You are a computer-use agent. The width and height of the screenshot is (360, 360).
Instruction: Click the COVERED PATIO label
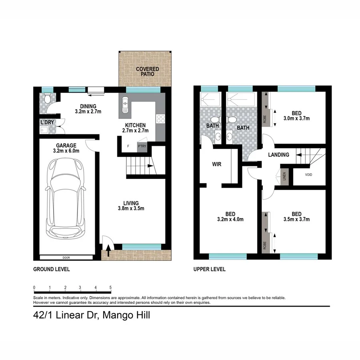[x=147, y=72]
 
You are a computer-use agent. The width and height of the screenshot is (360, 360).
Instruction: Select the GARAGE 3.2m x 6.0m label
[x=66, y=148]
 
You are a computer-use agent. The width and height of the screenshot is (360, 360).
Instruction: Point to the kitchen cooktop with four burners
[x=161, y=119]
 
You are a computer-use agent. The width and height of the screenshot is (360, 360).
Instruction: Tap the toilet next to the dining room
[x=47, y=98]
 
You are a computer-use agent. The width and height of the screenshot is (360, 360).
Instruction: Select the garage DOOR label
[x=66, y=257]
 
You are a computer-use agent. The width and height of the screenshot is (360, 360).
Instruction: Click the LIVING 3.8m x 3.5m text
[x=131, y=205]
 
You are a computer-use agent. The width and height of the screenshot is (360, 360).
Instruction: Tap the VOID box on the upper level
[x=308, y=175]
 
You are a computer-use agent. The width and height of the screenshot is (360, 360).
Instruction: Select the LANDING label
[x=278, y=155]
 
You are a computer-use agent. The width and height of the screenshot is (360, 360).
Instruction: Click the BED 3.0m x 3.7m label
[x=296, y=116]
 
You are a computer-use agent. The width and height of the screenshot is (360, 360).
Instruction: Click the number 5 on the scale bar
[x=110, y=288]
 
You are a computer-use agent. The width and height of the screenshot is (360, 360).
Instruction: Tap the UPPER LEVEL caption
[x=209, y=269]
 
